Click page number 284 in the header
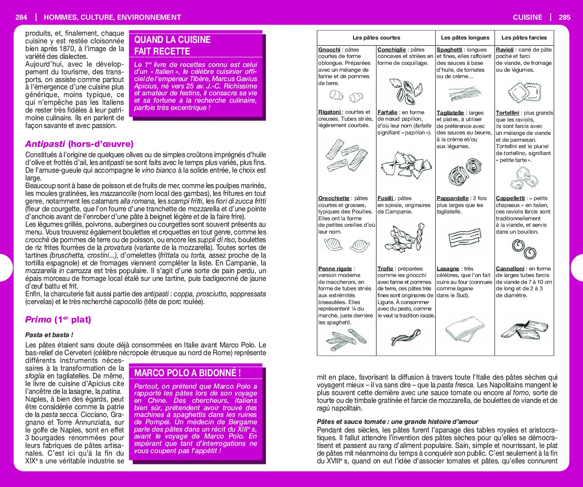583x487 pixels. click(x=21, y=17)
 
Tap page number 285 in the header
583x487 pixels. click(x=565, y=17)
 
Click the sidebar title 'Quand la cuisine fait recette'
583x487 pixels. click(x=172, y=46)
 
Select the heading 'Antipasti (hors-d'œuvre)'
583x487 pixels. click(x=79, y=144)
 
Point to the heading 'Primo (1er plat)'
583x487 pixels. click(x=58, y=320)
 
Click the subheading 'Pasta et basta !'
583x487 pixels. click(x=49, y=335)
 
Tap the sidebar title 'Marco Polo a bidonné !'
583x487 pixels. click(x=187, y=373)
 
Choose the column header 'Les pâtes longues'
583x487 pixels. click(x=465, y=38)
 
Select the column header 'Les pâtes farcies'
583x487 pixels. click(x=524, y=38)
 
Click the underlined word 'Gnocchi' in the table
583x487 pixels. click(x=329, y=50)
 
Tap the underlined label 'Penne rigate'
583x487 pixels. click(x=335, y=269)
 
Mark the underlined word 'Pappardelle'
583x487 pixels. click(x=452, y=198)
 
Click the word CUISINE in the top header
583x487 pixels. click(x=527, y=17)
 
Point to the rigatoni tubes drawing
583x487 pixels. click(x=346, y=155)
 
